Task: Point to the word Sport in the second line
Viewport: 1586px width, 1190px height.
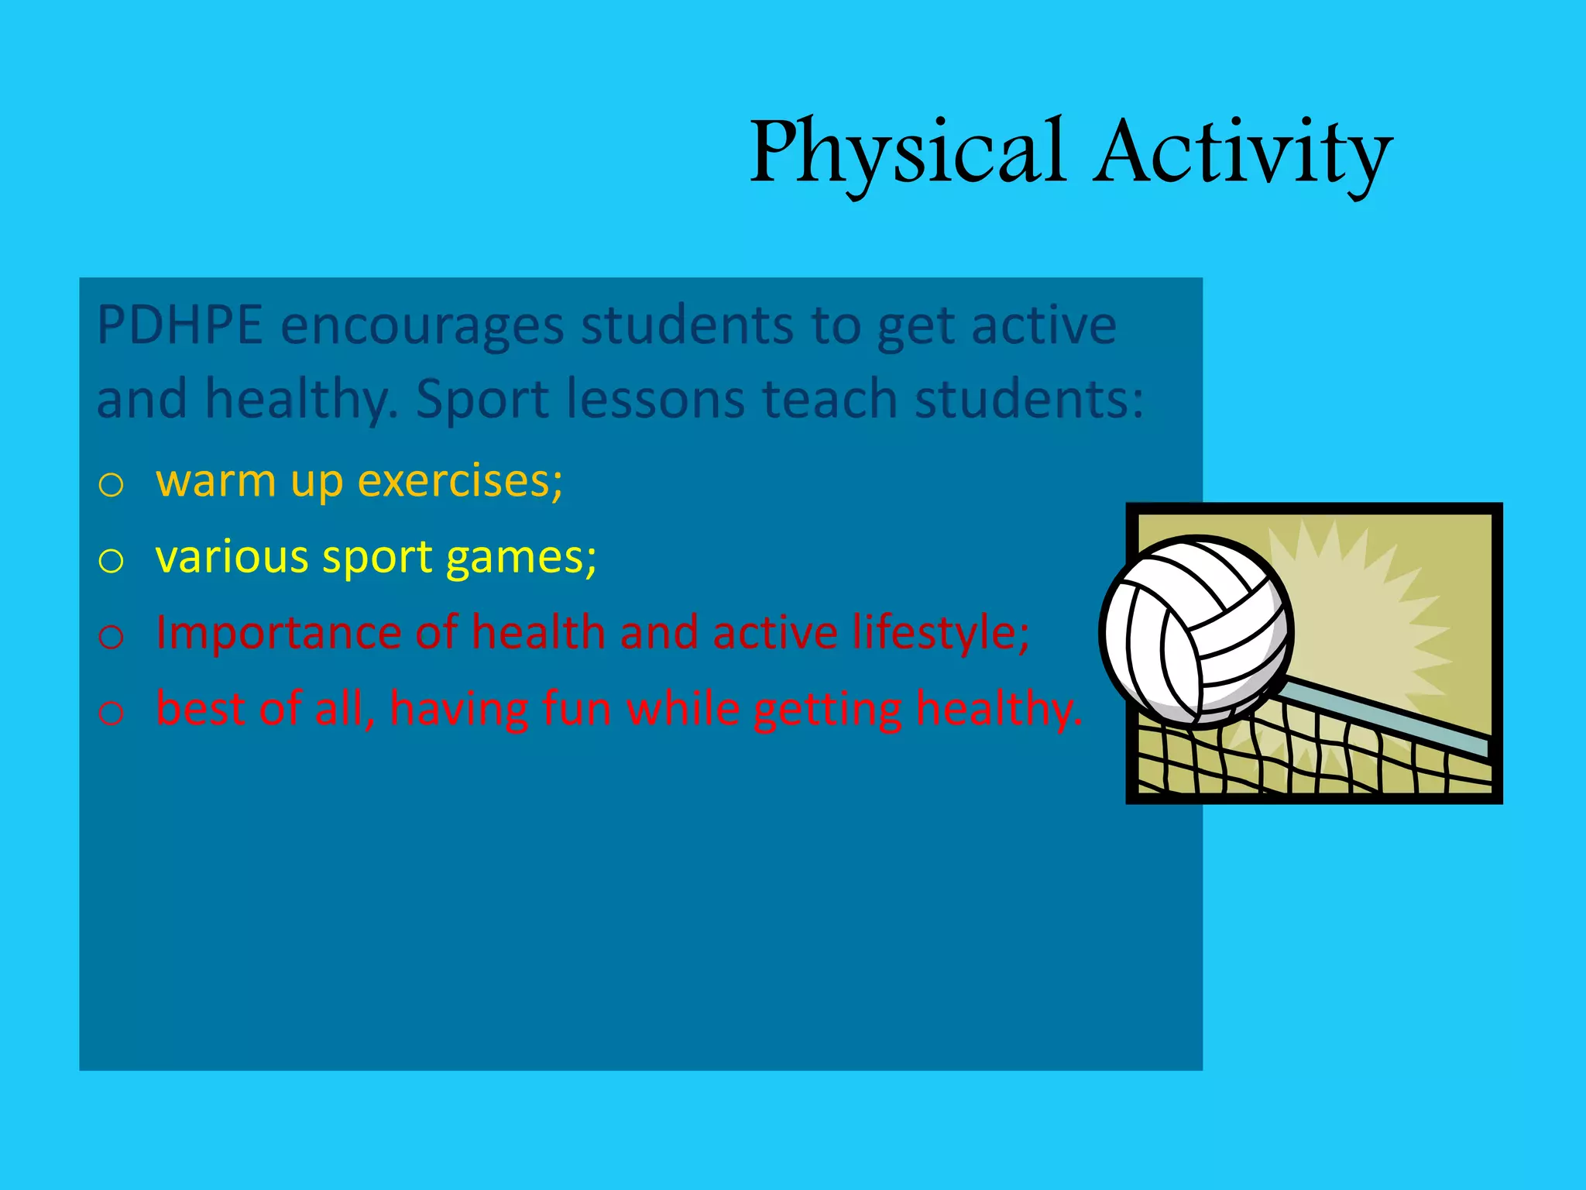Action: pyautogui.click(x=483, y=400)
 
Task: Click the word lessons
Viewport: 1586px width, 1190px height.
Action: pyautogui.click(x=655, y=400)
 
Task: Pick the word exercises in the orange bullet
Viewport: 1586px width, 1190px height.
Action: pyautogui.click(x=460, y=481)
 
